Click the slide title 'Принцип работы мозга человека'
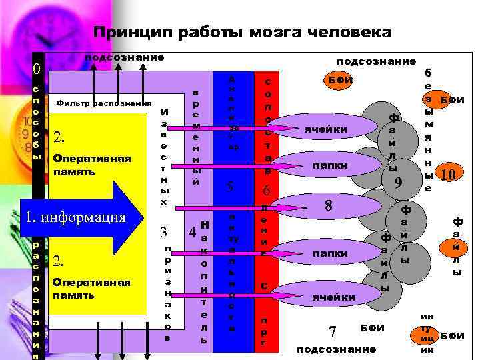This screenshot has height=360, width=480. tap(242, 32)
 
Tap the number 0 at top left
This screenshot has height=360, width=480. tap(37, 69)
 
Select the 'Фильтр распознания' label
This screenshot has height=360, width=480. tap(104, 103)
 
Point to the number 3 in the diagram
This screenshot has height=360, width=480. tap(163, 232)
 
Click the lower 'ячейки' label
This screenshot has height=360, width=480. tap(333, 297)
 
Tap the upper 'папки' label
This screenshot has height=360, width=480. tap(331, 165)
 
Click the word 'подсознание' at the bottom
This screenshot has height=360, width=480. tap(336, 349)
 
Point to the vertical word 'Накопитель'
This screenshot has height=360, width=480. tap(204, 280)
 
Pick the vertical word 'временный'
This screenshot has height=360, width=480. tap(195, 137)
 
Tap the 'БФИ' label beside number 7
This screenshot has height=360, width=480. tap(372, 327)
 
